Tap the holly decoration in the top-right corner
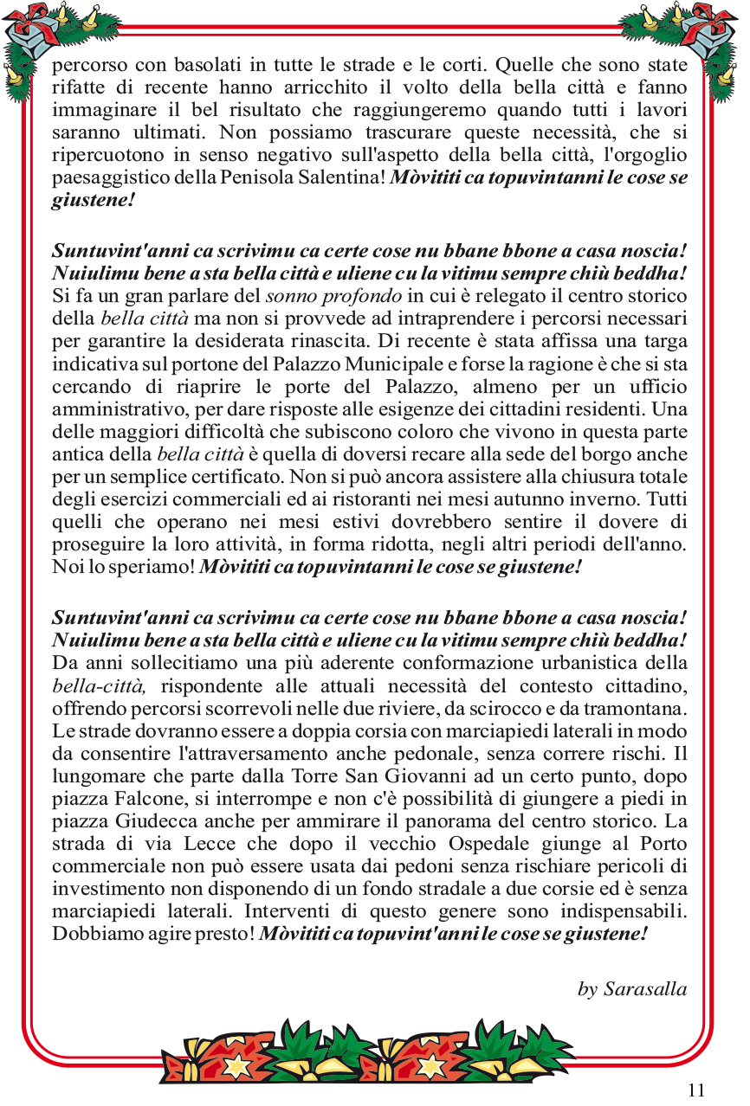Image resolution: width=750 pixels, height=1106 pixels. click(707, 39)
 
